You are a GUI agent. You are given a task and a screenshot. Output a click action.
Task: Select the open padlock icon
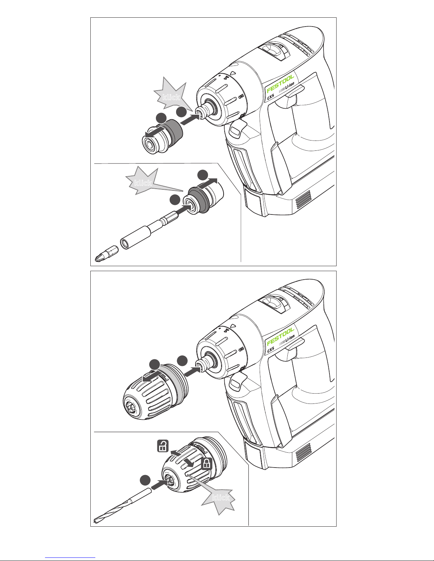tap(163, 446)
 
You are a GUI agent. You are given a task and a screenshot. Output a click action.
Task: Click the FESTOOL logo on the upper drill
tap(280, 84)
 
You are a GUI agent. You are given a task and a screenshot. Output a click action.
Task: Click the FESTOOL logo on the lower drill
tap(280, 337)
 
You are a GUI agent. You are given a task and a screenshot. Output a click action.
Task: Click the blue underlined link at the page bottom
tap(70, 557)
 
